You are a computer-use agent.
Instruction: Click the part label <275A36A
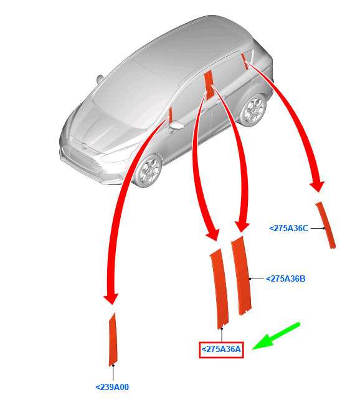tap(221, 350)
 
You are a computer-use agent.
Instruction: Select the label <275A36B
tap(286, 279)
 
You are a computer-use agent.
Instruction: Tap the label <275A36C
tap(289, 228)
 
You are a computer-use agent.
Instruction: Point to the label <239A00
tap(112, 387)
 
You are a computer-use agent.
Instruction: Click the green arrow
tap(276, 336)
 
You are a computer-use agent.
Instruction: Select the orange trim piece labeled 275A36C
tap(326, 225)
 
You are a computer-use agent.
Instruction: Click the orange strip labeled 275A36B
tap(241, 275)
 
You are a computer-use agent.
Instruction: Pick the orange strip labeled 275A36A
tap(219, 288)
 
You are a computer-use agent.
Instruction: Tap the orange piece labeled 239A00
tap(113, 340)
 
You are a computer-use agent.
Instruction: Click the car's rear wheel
tap(252, 110)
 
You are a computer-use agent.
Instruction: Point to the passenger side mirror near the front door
tap(176, 126)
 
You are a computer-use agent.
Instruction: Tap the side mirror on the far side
tap(100, 79)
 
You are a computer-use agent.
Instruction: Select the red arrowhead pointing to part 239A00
tap(111, 299)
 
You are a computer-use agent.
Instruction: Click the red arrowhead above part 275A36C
tap(317, 186)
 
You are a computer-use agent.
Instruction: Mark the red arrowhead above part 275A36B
tap(242, 227)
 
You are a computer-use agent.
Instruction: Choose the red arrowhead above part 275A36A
tap(212, 235)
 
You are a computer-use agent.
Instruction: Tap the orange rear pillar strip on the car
tap(245, 62)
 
